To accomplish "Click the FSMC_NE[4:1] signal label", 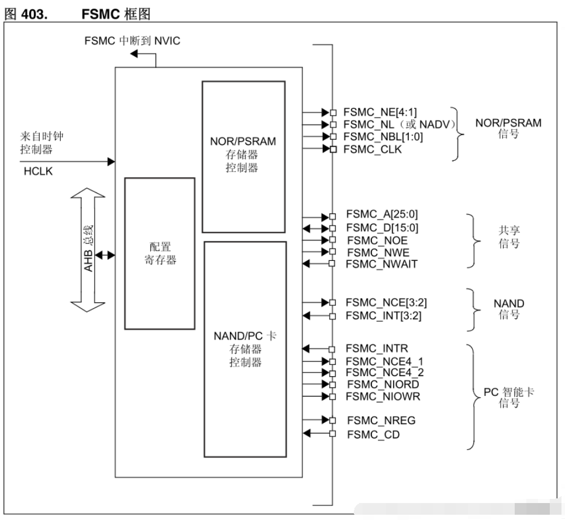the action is pos(380,113).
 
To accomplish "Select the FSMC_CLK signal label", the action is pos(373,149).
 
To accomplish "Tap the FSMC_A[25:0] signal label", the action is pos(382,215).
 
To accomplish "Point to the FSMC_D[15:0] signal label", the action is pos(383,228).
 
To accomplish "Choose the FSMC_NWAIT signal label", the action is pos(381,264).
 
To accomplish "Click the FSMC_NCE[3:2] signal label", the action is pos(386,303).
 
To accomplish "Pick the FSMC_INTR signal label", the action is pos(377,349).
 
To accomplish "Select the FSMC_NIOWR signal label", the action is pos(383,397).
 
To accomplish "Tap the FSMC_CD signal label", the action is pos(373,435).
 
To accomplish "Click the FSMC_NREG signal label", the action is pos(381,421).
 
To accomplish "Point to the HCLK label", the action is pos(38,171).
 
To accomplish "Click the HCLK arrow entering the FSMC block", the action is pos(67,162).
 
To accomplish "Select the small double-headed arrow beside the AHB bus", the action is pos(105,256).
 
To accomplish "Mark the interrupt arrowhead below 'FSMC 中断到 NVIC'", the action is pos(134,54).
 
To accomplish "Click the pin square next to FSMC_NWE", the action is pos(333,252).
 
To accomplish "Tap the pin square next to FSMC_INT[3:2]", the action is pos(333,316).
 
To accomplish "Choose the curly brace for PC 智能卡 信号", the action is pos(474,397).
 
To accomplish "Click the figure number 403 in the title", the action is pos(35,15).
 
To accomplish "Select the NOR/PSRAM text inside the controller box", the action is pos(243,142).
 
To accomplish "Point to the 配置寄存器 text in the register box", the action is pos(160,253).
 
